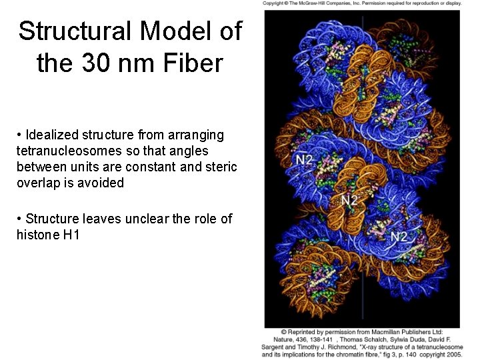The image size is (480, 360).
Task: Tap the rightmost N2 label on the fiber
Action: pos(399,236)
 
